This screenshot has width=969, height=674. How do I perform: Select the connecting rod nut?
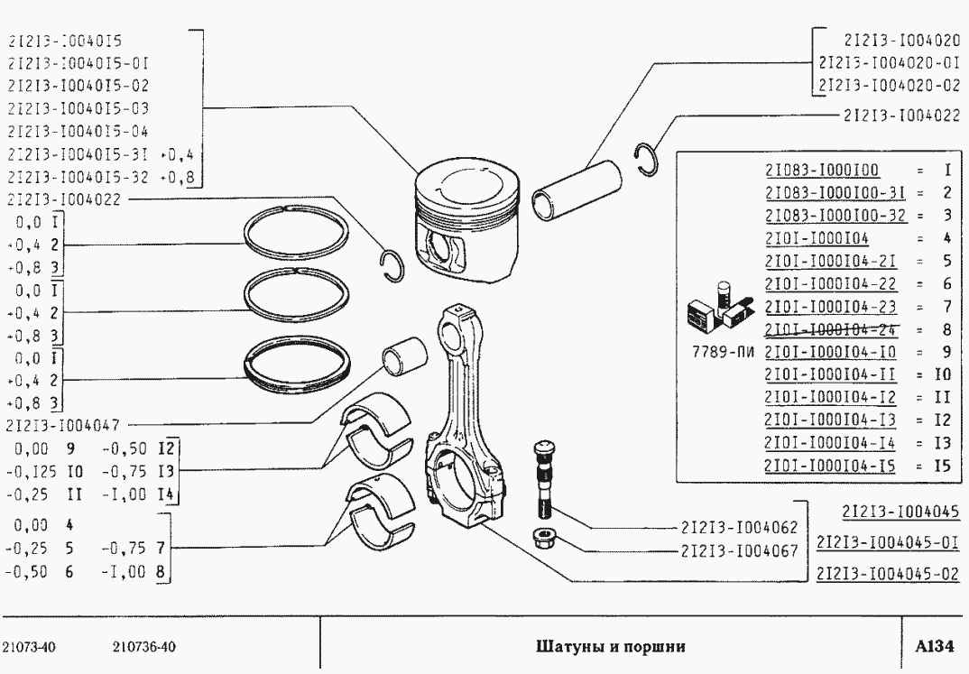click(x=544, y=540)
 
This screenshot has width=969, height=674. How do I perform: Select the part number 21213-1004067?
click(x=739, y=549)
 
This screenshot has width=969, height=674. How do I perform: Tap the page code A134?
click(x=935, y=646)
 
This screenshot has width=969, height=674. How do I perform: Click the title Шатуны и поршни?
click(x=611, y=646)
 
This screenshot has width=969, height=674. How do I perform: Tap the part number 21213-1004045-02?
click(x=886, y=573)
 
